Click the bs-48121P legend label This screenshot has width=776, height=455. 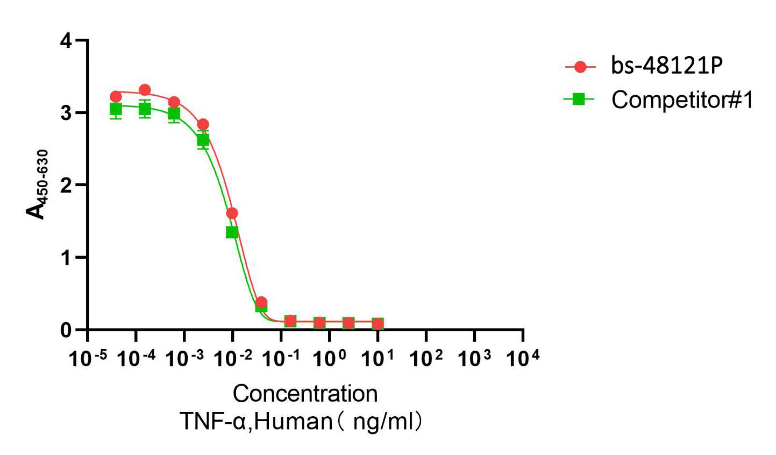[667, 66]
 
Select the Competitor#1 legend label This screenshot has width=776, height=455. [682, 99]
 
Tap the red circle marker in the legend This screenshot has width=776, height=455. [580, 67]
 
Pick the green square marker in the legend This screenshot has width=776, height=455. [579, 98]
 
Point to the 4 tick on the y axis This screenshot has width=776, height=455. [66, 41]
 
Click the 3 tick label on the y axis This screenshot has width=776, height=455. [66, 113]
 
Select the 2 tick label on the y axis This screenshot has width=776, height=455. [66, 186]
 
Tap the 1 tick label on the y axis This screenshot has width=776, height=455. [66, 258]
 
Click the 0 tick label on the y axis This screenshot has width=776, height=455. [66, 330]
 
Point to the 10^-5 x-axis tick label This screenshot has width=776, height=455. [88, 358]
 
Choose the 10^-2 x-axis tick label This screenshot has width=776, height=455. [233, 358]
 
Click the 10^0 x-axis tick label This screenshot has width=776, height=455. [330, 358]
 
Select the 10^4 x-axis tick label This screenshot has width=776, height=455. [522, 358]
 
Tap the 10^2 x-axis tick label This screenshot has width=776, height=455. [426, 358]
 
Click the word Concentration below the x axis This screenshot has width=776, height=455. [305, 394]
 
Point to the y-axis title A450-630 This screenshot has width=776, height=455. [38, 184]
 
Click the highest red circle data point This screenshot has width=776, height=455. [145, 90]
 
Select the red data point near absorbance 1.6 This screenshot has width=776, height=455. [232, 213]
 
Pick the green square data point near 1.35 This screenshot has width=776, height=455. [232, 232]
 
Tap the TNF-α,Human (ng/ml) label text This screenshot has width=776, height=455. [301, 421]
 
